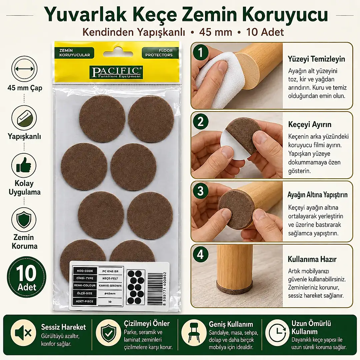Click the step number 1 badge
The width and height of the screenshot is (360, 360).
[200, 52]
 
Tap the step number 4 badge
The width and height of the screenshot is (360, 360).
[200, 254]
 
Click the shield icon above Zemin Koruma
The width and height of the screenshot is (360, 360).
[24, 220]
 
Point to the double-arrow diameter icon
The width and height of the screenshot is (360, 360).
[24, 69]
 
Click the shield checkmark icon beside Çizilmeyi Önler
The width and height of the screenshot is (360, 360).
[108, 332]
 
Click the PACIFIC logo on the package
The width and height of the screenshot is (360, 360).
[116, 72]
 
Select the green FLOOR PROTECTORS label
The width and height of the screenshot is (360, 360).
[160, 53]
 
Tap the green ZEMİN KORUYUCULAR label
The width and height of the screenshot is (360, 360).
[74, 53]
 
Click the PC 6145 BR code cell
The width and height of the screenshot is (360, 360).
[110, 271]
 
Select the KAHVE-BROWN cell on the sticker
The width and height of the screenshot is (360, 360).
[110, 286]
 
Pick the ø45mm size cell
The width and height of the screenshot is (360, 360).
[110, 293]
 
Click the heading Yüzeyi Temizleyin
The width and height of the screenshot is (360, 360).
[316, 59]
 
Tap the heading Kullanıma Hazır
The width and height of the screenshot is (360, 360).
[312, 259]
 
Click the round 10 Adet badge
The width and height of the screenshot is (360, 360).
[27, 277]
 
